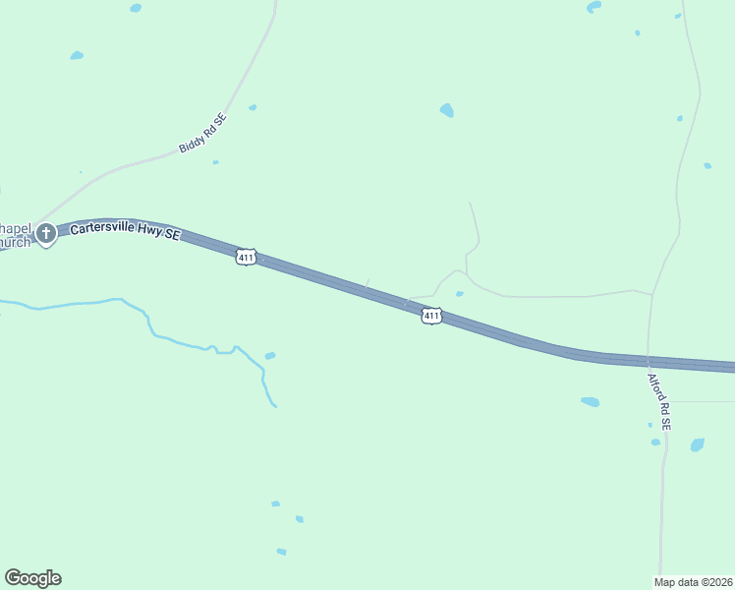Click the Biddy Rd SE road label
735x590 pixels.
[202, 134]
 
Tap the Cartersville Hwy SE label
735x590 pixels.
[125, 232]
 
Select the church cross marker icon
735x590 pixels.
[45, 234]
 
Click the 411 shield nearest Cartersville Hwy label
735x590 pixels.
[246, 258]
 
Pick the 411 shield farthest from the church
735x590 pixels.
[430, 316]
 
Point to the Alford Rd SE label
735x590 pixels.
[658, 401]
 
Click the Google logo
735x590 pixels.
[32, 578]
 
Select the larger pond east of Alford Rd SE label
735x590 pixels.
[697, 444]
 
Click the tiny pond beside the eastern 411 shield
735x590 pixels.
[459, 293]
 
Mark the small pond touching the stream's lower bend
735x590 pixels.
[269, 356]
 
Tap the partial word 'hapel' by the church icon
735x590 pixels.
[16, 228]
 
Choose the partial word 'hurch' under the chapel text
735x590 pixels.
[15, 242]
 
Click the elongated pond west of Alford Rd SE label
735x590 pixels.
[590, 401]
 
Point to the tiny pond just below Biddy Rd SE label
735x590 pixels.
[215, 162]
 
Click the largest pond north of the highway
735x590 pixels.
[447, 110]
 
